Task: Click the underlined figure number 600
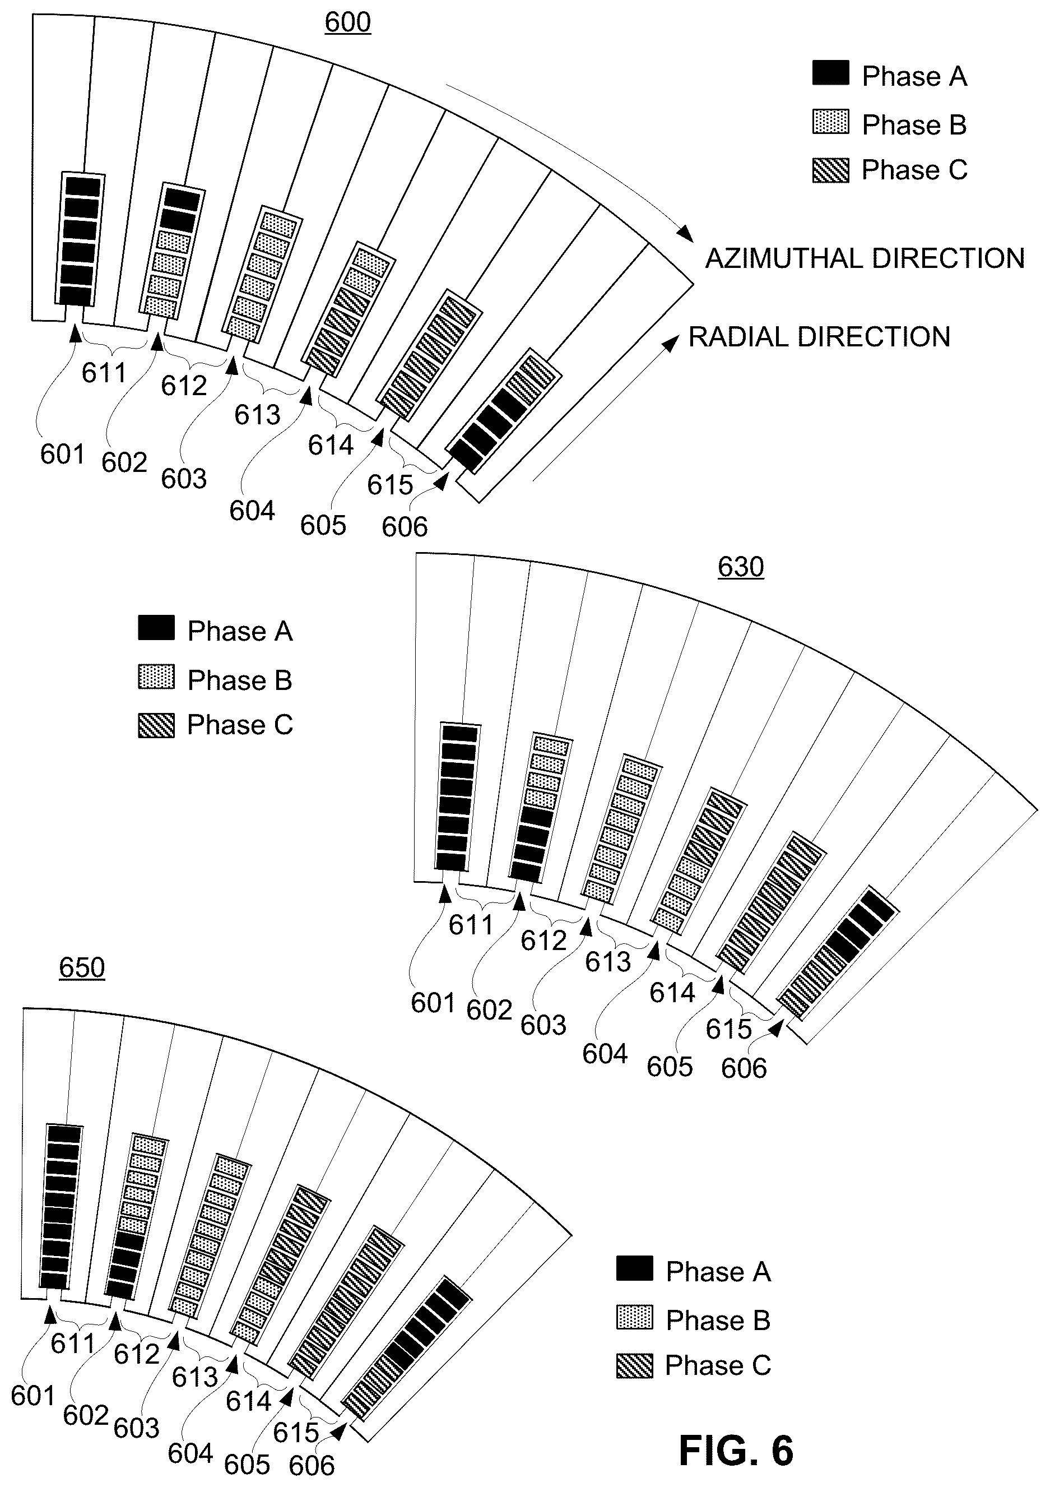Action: (x=347, y=22)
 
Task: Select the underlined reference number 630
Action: (x=741, y=567)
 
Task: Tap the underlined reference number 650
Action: (x=82, y=967)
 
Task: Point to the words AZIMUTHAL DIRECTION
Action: (x=865, y=258)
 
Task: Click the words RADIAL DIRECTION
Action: (x=819, y=337)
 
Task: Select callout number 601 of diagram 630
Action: (x=433, y=1003)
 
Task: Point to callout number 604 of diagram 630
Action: (x=605, y=1054)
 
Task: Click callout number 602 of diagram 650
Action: (x=86, y=1416)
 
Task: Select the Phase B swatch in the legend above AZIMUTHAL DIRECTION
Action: (x=830, y=122)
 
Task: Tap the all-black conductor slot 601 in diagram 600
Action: (x=82, y=239)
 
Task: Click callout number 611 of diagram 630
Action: (x=471, y=925)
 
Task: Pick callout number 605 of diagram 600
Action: (x=323, y=525)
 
